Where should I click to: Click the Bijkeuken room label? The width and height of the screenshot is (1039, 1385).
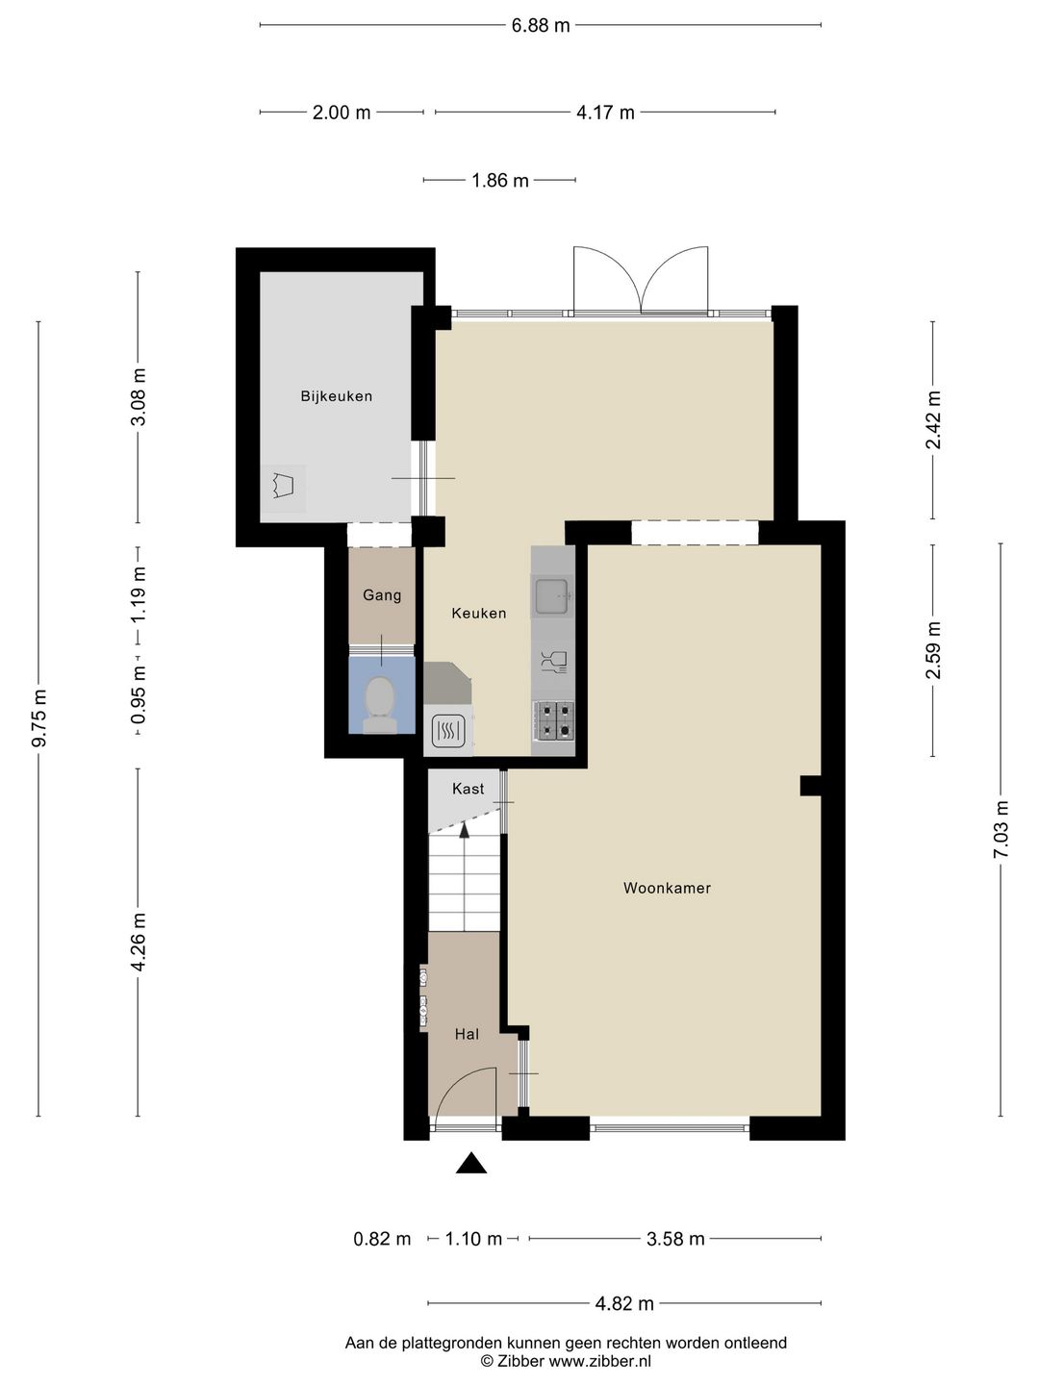(337, 397)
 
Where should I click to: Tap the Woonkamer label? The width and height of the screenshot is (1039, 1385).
(667, 889)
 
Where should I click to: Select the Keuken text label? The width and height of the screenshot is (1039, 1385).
(479, 614)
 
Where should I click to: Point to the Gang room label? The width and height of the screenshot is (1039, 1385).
(382, 595)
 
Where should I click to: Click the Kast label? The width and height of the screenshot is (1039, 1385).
(469, 789)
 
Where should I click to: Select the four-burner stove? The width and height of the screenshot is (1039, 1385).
(553, 720)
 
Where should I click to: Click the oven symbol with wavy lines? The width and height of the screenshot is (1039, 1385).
(448, 731)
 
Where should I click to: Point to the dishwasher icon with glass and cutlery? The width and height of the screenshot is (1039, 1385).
(553, 662)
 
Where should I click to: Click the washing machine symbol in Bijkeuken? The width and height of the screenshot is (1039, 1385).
(285, 487)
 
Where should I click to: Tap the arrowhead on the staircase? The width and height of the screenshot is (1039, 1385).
(465, 830)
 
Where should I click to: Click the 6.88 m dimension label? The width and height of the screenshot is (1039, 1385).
(541, 25)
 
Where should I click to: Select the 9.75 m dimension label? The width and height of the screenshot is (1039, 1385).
(39, 718)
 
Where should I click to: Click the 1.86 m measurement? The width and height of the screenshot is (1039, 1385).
(499, 181)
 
